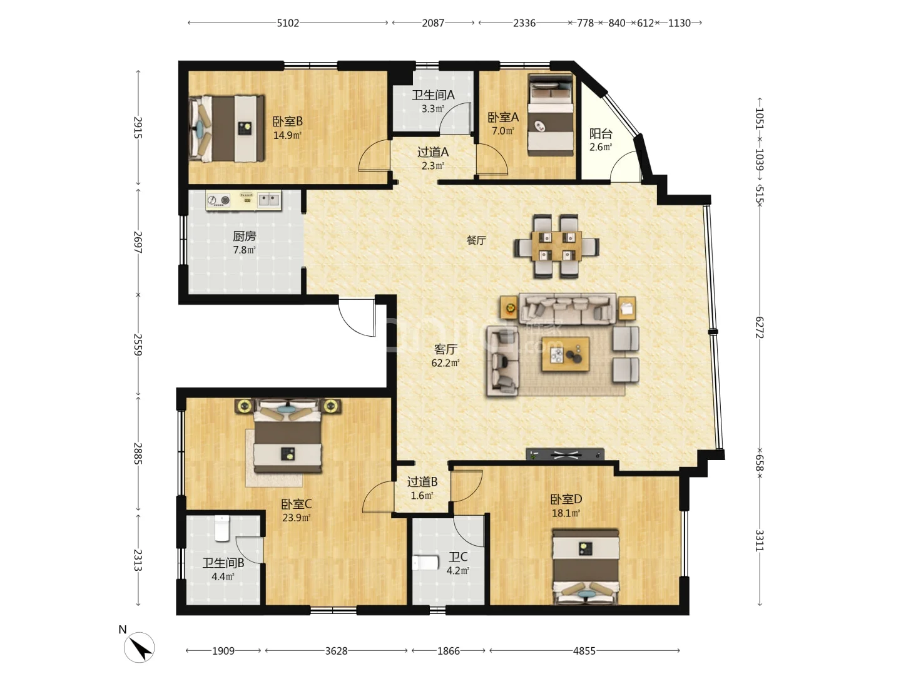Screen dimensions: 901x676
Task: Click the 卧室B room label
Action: (x=287, y=121)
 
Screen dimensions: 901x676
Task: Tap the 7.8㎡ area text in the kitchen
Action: (x=244, y=250)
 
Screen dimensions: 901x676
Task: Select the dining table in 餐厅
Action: (x=556, y=246)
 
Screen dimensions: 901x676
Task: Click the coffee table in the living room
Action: (x=565, y=354)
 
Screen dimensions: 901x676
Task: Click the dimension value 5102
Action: (x=288, y=23)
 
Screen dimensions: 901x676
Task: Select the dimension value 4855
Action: (x=584, y=650)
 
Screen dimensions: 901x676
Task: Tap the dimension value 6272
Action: (x=760, y=327)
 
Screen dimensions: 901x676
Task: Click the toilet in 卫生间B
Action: (x=222, y=528)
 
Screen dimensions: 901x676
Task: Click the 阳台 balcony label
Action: (x=601, y=133)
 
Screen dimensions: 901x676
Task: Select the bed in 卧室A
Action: (x=551, y=115)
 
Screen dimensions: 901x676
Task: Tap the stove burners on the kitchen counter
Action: (x=218, y=200)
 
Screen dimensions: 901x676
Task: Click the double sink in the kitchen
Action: (x=269, y=200)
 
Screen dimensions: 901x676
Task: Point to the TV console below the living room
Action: (x=565, y=454)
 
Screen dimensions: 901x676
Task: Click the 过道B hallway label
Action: (x=422, y=482)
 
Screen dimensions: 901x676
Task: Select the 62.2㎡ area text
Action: (x=445, y=363)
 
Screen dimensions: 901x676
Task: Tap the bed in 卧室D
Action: (x=586, y=567)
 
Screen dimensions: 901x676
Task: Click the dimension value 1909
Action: (x=223, y=650)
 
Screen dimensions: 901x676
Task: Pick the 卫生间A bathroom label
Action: (x=433, y=95)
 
